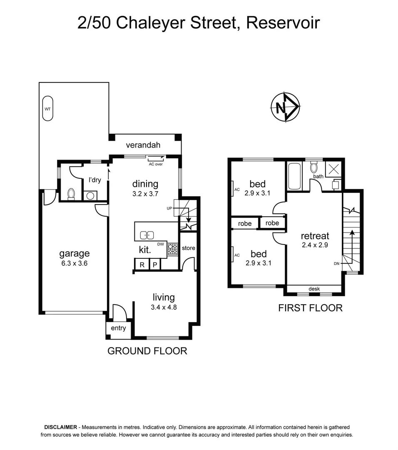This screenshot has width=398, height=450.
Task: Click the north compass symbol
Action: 285,107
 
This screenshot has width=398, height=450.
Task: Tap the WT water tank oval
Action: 48,108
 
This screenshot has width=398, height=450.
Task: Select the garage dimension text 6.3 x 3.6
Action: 74,263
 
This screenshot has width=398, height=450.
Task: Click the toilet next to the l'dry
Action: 71,194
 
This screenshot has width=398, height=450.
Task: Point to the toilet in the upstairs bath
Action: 314,168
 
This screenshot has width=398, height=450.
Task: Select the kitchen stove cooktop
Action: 172,249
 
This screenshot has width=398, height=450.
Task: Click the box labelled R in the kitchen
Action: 142,265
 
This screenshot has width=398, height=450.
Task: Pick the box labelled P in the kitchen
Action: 155,265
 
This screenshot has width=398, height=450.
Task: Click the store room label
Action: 188,248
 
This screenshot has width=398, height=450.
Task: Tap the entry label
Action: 118,328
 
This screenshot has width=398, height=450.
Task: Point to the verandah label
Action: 143,145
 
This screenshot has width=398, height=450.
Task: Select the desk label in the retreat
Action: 314,289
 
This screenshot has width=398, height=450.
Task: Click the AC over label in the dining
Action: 156,164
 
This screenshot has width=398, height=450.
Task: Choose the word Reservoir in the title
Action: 283,22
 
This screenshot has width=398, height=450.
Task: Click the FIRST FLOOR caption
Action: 310,308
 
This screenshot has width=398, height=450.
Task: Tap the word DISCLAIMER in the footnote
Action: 60,427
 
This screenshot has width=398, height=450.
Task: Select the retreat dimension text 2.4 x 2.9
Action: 315,245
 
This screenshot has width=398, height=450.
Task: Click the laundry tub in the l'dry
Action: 89,195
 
